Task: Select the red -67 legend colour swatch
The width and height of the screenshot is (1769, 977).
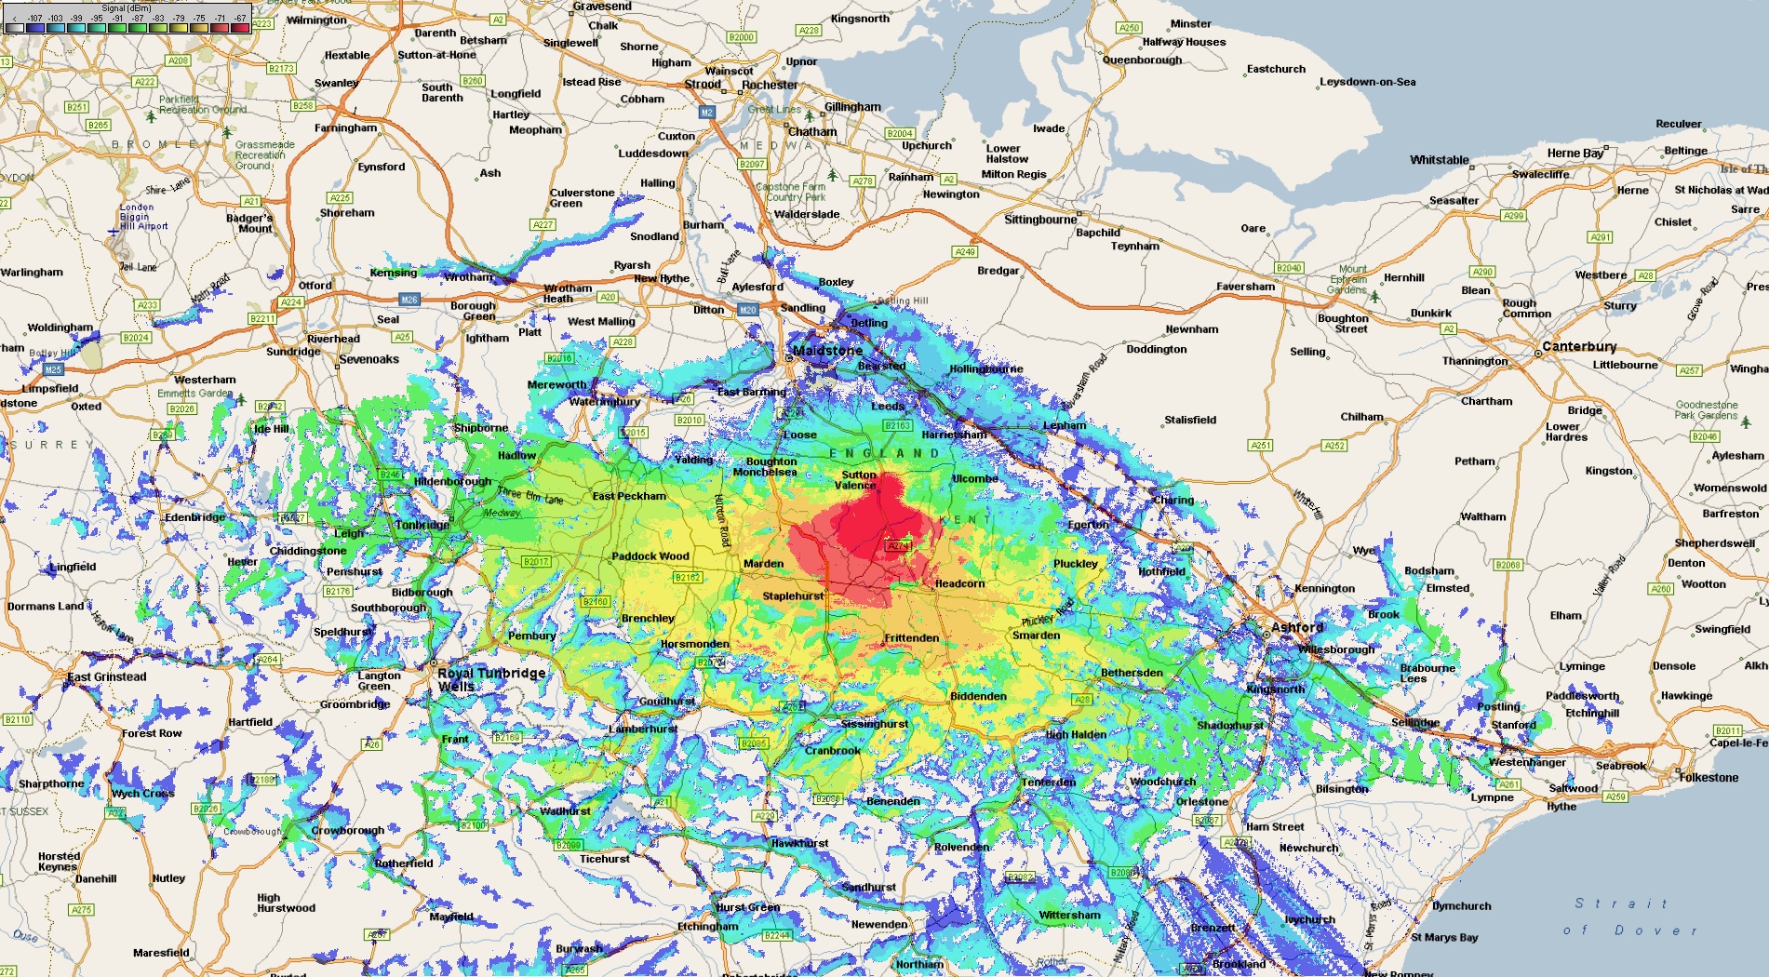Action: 241,27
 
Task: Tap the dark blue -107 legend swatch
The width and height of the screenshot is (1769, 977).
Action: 35,27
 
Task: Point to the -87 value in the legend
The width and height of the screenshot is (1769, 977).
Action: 138,18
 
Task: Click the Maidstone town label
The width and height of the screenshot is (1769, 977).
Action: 827,351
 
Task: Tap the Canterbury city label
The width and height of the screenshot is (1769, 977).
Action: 1579,346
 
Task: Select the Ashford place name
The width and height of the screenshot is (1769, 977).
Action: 1297,627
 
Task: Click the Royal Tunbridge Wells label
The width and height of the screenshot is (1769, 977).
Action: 490,679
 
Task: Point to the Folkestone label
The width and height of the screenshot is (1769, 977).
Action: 1709,777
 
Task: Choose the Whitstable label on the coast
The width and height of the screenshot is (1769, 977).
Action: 1439,160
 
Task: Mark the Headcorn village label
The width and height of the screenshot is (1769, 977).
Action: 959,583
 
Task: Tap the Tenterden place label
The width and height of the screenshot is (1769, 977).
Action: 1049,782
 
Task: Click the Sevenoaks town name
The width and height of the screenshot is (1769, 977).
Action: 369,359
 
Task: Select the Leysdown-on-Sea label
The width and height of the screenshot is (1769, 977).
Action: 1367,82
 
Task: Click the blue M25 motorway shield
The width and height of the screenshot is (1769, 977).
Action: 53,369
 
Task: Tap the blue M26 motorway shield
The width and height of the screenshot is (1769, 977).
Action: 409,300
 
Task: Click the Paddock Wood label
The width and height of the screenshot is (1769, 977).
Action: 650,556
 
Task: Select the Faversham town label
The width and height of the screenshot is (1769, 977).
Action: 1245,287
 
